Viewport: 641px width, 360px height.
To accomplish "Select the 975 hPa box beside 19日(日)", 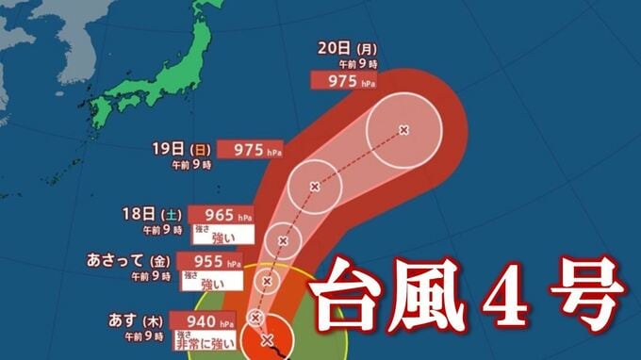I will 248,149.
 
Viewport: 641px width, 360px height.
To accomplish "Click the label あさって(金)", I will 128,259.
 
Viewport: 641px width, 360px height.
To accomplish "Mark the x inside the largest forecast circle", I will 403,129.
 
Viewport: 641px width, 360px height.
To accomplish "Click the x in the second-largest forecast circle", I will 314,186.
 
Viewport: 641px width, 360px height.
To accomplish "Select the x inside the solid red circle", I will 267,339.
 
